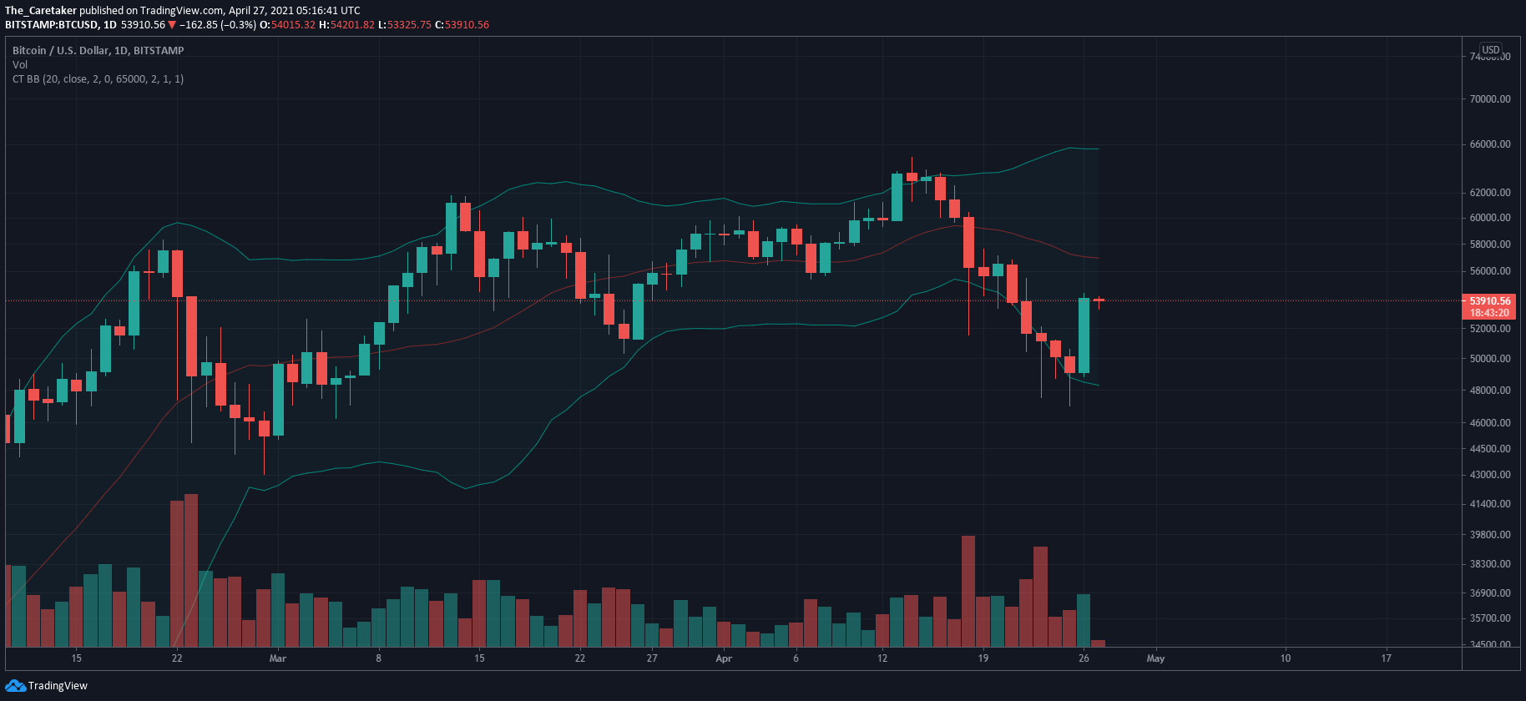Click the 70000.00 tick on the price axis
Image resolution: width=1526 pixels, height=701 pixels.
(1490, 98)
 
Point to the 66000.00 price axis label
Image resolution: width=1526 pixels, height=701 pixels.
(1490, 144)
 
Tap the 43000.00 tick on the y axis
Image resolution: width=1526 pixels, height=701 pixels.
(1490, 474)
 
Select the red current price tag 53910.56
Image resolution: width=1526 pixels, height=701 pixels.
(1489, 300)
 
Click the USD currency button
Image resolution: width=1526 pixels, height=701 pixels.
(1491, 50)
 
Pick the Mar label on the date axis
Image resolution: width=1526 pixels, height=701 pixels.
(278, 658)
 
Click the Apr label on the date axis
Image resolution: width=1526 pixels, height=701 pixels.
(724, 658)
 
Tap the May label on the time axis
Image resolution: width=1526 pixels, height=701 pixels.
(1155, 658)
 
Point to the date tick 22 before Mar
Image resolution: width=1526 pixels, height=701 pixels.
(177, 658)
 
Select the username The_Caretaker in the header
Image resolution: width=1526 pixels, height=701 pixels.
(41, 11)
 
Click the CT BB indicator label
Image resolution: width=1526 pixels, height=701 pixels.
(98, 79)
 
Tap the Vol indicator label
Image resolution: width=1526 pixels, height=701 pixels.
(20, 64)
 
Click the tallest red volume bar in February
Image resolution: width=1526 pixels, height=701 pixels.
(191, 570)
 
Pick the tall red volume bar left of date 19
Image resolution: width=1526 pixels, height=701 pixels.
(968, 591)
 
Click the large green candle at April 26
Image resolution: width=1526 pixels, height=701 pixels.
(1084, 335)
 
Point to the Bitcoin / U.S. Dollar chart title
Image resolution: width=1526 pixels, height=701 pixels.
(98, 50)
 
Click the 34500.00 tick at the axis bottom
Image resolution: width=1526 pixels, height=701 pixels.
(1490, 644)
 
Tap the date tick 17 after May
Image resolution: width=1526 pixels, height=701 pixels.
(1386, 658)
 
